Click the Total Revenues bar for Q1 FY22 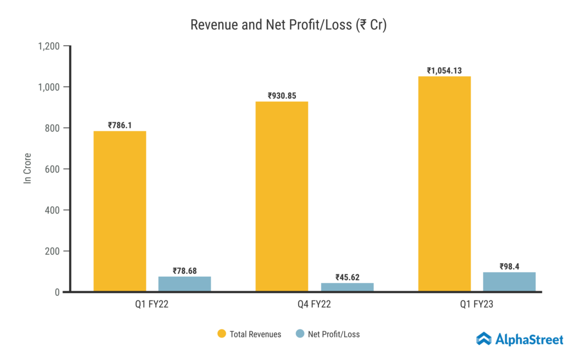click(120, 211)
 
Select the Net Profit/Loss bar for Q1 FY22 click(184, 284)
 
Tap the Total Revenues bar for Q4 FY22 click(282, 196)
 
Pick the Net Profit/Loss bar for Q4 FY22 click(347, 287)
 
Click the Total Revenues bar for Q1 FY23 click(444, 184)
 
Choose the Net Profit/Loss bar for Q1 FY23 click(509, 282)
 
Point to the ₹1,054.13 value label click(448, 71)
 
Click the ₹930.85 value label click(282, 96)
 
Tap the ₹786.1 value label click(120, 125)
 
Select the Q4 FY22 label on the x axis click(314, 304)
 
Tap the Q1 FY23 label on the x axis click(476, 304)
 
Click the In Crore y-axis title click(26, 168)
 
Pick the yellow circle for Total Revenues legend click(222, 334)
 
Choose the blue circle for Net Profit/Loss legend click(300, 334)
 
